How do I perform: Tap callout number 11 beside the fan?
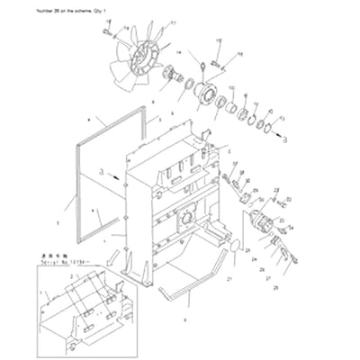pyautogui.click(x=173, y=21)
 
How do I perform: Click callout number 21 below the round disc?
pyautogui.click(x=229, y=280)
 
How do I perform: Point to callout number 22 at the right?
pyautogui.click(x=275, y=191)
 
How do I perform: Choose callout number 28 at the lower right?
pyautogui.click(x=275, y=286)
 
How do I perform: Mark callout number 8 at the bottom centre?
pyautogui.click(x=185, y=319)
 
